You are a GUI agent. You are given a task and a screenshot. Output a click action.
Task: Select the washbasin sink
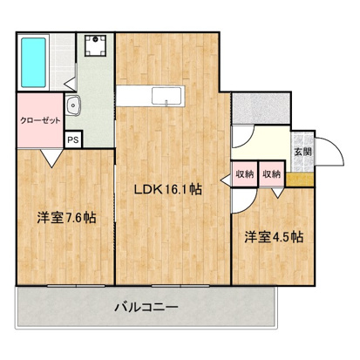(x=76, y=108)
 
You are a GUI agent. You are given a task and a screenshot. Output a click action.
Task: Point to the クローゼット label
(x=40, y=121)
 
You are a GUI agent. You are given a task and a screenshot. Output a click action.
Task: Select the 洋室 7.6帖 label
(x=65, y=217)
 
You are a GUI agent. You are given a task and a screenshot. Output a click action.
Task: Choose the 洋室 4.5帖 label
(x=273, y=236)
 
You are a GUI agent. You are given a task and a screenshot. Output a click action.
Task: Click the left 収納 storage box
(x=244, y=174)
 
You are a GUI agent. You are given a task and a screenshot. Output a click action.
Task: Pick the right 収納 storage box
(x=272, y=174)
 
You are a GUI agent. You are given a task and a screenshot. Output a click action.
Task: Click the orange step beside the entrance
(x=301, y=180)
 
